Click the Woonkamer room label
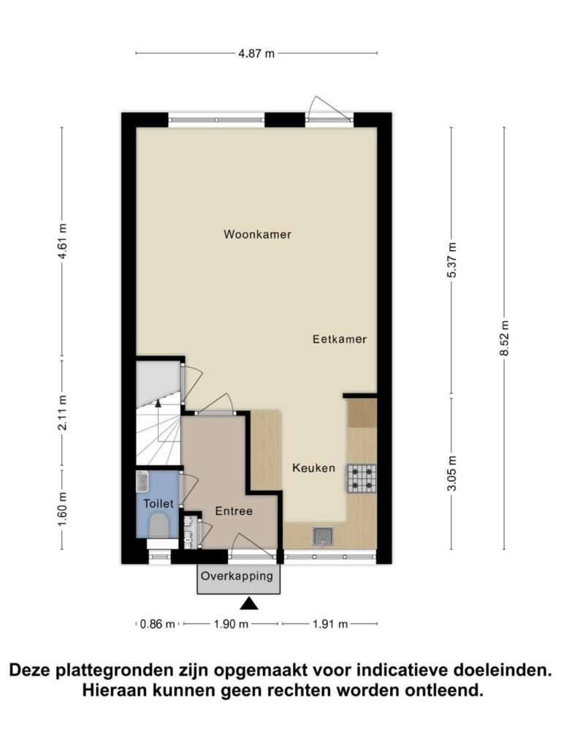click(x=257, y=234)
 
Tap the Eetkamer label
click(x=340, y=339)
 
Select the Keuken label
click(x=313, y=468)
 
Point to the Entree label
click(x=234, y=511)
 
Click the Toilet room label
click(x=159, y=503)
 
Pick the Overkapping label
click(x=237, y=576)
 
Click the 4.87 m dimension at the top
click(x=256, y=53)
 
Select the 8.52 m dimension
click(x=505, y=338)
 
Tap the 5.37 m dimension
click(x=452, y=260)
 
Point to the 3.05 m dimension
click(x=452, y=473)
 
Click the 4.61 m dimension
click(x=62, y=241)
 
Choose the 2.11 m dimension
click(x=62, y=413)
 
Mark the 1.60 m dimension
click(x=62, y=510)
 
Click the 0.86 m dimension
click(x=158, y=624)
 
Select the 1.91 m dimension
click(x=330, y=624)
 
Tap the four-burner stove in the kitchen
click(x=362, y=478)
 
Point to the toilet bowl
click(x=159, y=526)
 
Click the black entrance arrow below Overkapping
click(x=249, y=604)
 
